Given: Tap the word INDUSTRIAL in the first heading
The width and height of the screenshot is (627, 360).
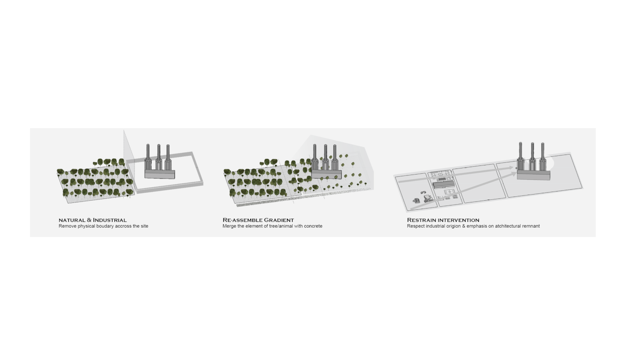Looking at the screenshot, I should click(110, 220).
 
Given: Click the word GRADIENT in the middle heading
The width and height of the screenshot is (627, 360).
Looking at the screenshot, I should click(279, 220).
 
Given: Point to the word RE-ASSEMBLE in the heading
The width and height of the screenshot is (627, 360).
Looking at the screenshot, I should click(243, 220).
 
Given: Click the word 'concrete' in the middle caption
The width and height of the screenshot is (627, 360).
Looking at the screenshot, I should click(312, 226).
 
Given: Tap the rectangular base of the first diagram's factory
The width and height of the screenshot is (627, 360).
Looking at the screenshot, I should click(160, 174).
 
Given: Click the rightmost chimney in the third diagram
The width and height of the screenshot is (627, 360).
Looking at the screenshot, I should click(543, 157).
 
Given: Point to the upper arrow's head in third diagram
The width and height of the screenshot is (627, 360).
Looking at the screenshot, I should click(514, 168).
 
